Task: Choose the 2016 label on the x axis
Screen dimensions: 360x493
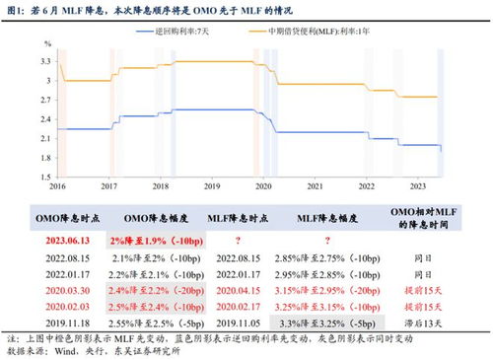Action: [x=57, y=184]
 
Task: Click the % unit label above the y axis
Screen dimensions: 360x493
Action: [x=46, y=45]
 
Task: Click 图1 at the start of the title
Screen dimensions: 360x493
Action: [x=18, y=9]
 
